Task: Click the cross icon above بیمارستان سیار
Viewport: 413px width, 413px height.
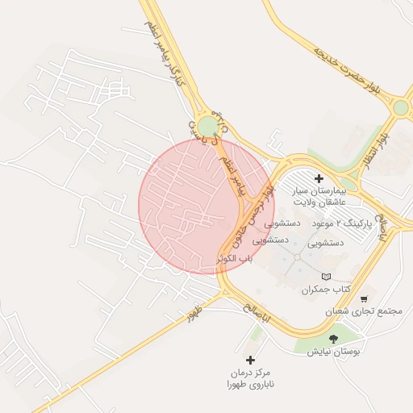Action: coord(319,178)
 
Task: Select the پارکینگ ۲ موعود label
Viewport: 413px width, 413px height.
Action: coord(340,221)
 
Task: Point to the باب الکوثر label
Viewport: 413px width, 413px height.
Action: coord(235,259)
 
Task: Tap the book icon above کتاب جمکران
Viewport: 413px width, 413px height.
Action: coord(326,277)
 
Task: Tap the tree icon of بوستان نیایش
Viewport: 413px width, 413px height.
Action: coord(334,339)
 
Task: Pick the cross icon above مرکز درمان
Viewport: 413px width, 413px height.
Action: coord(249,360)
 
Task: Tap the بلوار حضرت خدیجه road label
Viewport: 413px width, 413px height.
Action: coord(346,64)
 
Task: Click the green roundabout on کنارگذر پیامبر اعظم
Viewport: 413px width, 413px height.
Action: coord(209,126)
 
